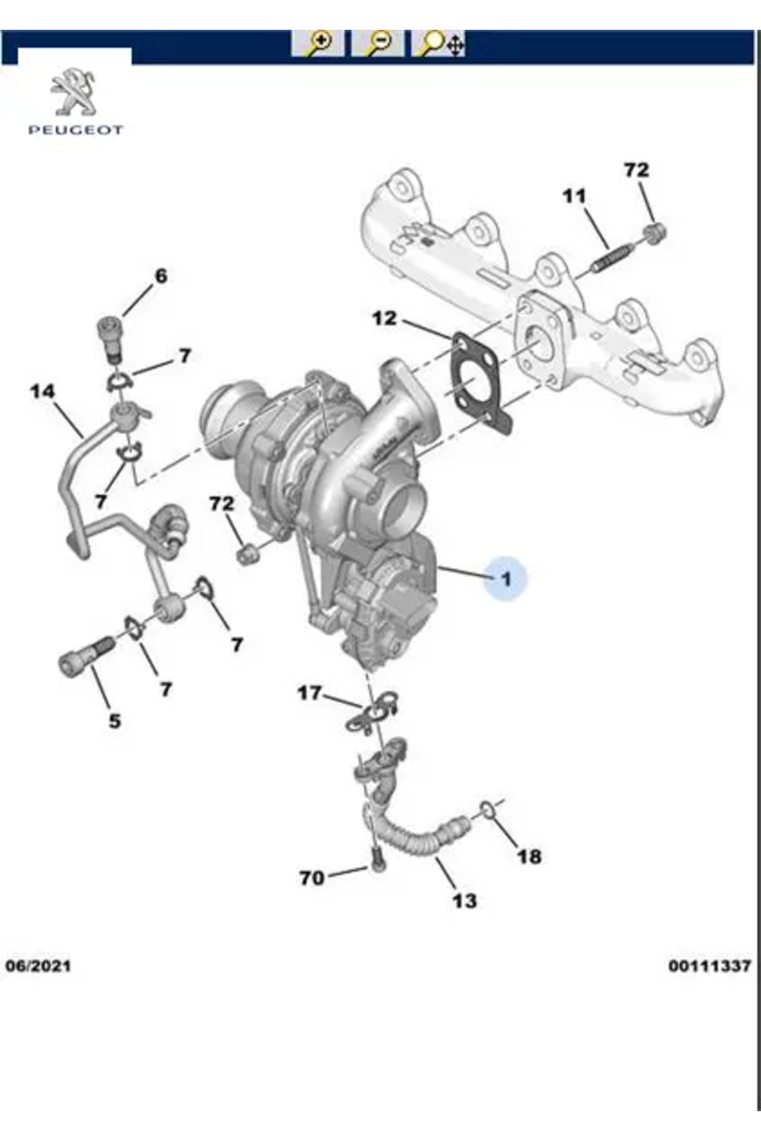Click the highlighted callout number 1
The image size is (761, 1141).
pos(505,578)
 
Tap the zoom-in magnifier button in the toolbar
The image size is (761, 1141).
pos(317,42)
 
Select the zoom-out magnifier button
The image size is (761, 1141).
pos(378,42)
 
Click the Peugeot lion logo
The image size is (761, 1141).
pos(74,93)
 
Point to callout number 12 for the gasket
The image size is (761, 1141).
pos(384,318)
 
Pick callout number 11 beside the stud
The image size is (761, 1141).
pos(575,196)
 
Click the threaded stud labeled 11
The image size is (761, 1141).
pos(613,258)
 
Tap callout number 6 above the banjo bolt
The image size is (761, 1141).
pos(161,276)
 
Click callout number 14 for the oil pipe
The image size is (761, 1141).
pos(42,391)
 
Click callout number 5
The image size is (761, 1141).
pos(114,721)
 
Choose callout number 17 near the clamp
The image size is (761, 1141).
pos(309,693)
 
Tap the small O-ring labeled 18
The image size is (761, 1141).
pos(487,808)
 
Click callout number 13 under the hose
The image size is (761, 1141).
pos(464,900)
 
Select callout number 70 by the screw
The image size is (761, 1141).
pos(311,878)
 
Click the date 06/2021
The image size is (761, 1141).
pos(38,966)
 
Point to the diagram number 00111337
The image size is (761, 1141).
pos(709,966)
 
